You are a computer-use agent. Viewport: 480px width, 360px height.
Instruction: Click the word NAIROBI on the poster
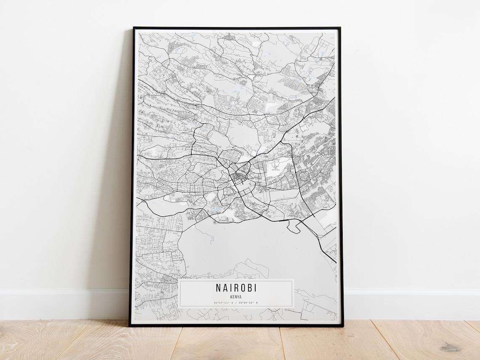236,288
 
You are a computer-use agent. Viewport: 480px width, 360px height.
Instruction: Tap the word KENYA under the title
236,297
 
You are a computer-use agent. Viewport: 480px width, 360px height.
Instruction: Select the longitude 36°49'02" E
248,303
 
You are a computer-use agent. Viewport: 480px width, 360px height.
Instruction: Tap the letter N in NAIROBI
219,288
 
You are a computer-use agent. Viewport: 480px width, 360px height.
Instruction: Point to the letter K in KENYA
231,297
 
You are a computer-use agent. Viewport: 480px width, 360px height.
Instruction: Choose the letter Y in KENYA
238,297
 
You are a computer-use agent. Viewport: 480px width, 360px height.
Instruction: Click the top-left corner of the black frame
134,28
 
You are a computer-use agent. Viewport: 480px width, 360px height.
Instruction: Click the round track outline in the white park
277,164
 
